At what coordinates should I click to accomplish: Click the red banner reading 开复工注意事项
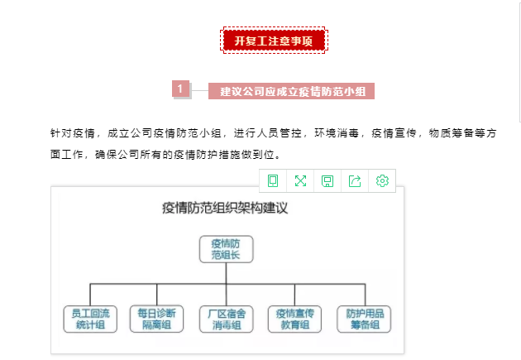(274, 41)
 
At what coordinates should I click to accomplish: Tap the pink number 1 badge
(181, 89)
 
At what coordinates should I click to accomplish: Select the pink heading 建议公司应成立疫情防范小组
(291, 91)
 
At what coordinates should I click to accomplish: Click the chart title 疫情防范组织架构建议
(225, 208)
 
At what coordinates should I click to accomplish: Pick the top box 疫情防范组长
(227, 249)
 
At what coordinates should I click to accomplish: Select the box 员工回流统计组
(90, 319)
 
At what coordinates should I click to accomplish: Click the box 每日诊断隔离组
(156, 319)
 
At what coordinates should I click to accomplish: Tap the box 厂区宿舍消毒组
(227, 319)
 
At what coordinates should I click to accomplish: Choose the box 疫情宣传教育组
(294, 319)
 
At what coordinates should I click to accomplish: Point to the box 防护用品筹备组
(364, 319)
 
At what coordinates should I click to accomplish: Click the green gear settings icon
(382, 181)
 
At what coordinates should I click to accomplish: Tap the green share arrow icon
(355, 181)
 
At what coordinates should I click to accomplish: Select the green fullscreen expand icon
(300, 181)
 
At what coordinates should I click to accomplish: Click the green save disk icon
(327, 181)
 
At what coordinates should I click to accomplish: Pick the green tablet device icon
(273, 181)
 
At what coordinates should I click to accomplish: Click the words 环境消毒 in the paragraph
(337, 133)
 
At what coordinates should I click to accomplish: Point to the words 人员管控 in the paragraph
(268, 133)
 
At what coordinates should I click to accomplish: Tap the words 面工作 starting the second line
(66, 154)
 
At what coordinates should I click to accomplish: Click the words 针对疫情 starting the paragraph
(73, 133)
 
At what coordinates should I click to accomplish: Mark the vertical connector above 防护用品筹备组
(366, 295)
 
